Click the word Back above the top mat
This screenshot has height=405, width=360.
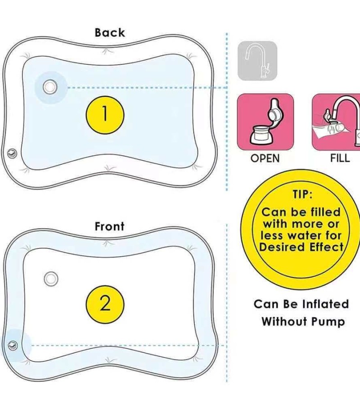110,33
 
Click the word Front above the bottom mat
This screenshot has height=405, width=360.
109,226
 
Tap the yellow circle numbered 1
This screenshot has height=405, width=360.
105,114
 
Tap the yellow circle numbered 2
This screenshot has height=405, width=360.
105,304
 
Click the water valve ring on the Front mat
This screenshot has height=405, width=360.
51,279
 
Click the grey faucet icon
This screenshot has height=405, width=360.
257,61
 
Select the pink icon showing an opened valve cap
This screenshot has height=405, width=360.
265,122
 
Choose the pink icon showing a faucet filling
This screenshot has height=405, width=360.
336,122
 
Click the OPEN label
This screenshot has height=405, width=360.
265,158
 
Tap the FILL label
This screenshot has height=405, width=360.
340,158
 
